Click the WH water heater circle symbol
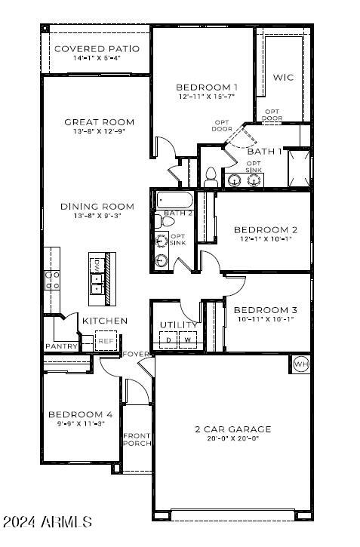tap(300, 364)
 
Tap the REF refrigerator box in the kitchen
tap(106, 341)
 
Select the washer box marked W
tap(187, 340)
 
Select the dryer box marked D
tap(168, 340)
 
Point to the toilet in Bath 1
tap(211, 177)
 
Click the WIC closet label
tap(283, 77)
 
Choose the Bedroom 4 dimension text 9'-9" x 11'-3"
tap(81, 424)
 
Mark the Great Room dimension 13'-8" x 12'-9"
tap(99, 131)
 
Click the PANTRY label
tap(61, 346)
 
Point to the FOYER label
tap(136, 354)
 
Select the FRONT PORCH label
tap(137, 440)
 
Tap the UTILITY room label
tap(178, 325)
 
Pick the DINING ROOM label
tap(98, 206)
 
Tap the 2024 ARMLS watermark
tap(47, 522)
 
